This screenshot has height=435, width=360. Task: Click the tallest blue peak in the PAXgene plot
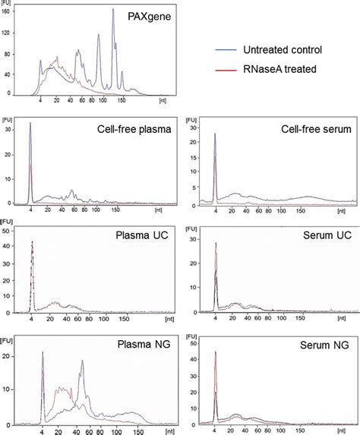tap(113, 11)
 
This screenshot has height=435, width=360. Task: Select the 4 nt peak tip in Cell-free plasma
tap(30, 123)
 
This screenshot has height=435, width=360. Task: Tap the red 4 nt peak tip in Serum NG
tap(216, 353)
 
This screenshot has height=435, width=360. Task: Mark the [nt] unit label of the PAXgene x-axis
tap(162, 100)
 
